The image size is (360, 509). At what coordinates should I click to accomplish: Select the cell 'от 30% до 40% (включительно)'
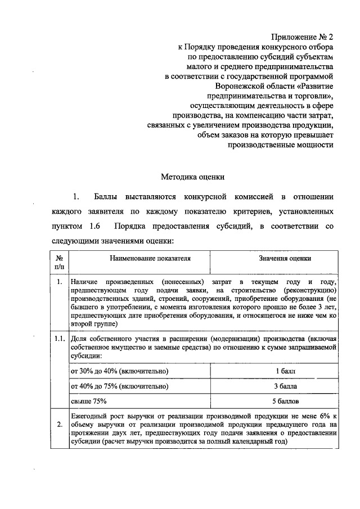[x=119, y=372]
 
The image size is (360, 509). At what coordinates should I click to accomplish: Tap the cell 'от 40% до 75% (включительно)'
[x=119, y=386]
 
